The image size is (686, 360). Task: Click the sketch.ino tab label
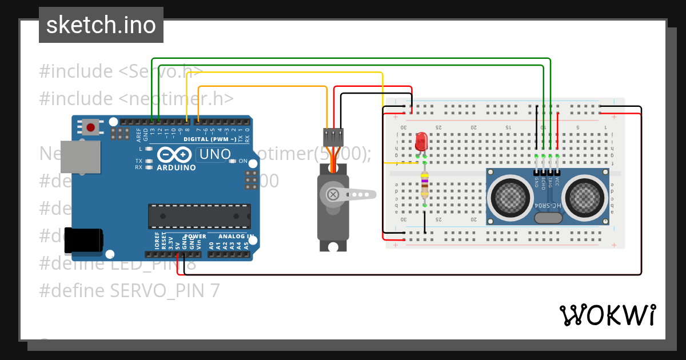click(x=101, y=25)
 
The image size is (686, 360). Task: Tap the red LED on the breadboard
click(x=421, y=141)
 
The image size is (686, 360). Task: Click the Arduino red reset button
click(x=90, y=126)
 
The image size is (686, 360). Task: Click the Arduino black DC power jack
click(x=83, y=241)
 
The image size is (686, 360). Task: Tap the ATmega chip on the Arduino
click(x=198, y=215)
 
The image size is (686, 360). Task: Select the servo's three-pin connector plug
click(x=333, y=137)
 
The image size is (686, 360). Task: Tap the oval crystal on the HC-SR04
click(x=548, y=217)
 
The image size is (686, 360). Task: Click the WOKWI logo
click(x=607, y=315)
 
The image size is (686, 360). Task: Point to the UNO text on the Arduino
click(x=214, y=154)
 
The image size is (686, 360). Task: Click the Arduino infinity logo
click(x=173, y=155)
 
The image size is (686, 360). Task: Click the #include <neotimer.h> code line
click(x=136, y=98)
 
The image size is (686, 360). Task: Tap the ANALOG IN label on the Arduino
click(x=236, y=236)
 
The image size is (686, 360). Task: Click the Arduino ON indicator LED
click(x=233, y=161)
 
